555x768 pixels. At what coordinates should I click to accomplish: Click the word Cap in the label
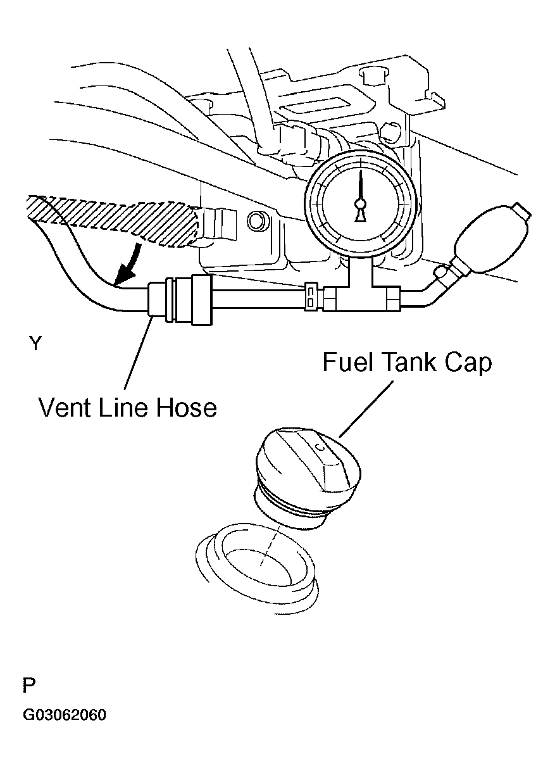tap(470, 363)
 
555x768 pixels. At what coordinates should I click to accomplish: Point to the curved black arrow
tap(129, 265)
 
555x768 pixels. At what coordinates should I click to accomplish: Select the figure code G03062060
tap(65, 716)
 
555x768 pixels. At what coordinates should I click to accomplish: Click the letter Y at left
tap(35, 343)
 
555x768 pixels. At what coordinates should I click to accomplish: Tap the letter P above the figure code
tap(28, 686)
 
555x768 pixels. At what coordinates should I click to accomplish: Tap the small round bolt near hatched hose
tap(257, 221)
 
